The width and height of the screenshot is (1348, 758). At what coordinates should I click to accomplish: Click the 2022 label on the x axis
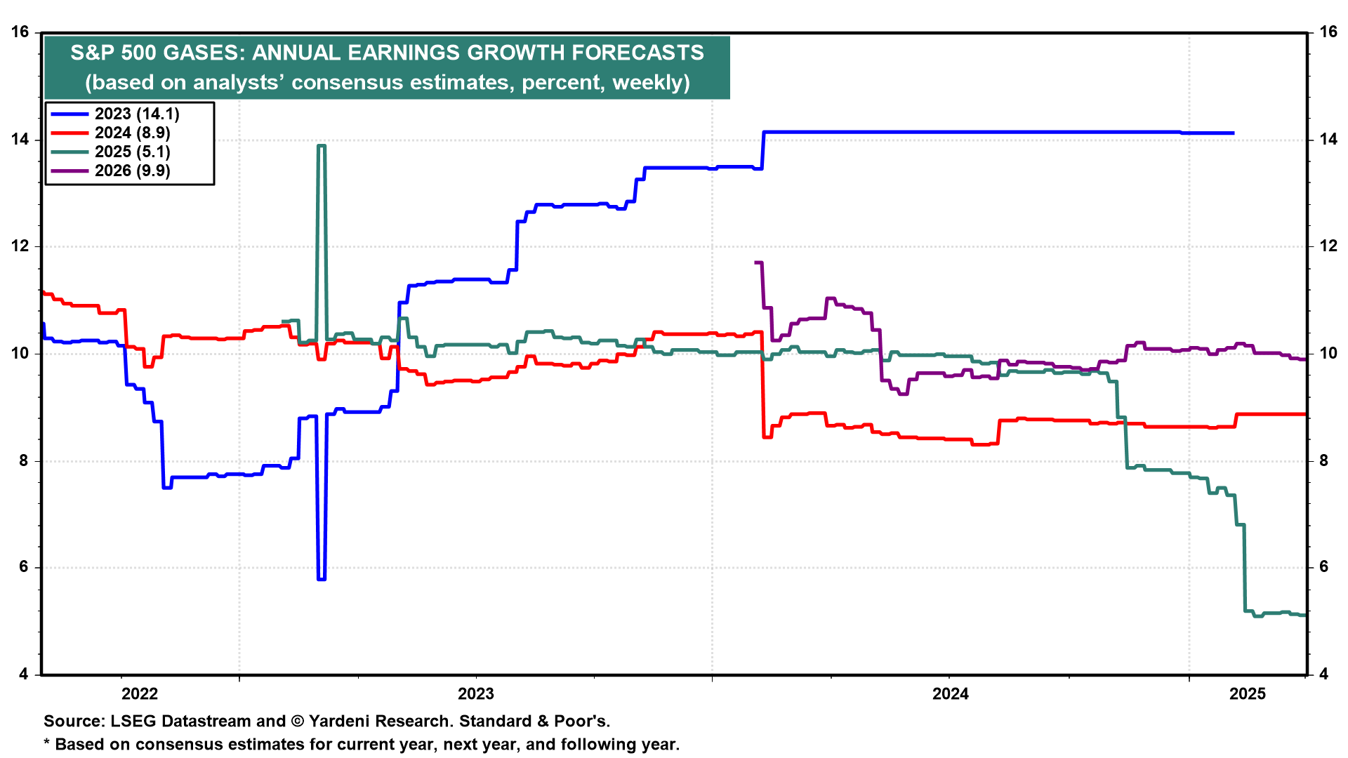point(140,694)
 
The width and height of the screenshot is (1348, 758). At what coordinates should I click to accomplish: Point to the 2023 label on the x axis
point(476,694)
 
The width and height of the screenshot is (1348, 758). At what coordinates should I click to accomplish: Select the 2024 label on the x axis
point(950,694)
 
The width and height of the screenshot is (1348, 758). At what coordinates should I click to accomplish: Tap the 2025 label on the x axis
point(1248,694)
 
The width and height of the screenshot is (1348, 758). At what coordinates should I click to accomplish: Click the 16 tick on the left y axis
point(20,32)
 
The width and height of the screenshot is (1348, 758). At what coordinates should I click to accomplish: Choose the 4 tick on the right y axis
point(1324,674)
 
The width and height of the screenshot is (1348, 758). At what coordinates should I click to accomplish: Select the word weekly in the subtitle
point(647,83)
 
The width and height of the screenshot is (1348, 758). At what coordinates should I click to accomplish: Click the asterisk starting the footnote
point(47,743)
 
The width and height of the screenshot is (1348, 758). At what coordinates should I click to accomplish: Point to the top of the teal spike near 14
point(322,145)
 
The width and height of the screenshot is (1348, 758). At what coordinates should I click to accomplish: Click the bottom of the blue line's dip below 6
point(322,579)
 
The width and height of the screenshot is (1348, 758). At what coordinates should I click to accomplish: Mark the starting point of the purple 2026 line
point(755,262)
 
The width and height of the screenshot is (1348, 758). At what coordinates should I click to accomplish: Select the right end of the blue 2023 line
point(1233,133)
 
